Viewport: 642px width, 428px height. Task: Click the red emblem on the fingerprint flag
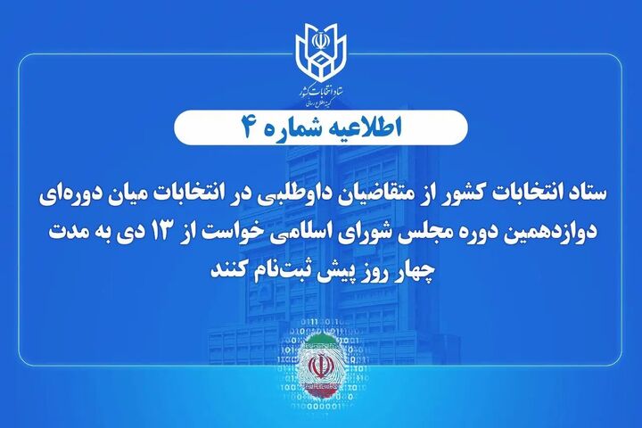point(320,366)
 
